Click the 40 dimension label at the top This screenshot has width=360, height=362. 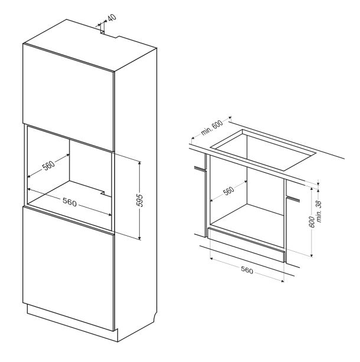[112, 18]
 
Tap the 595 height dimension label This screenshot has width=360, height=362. [140, 200]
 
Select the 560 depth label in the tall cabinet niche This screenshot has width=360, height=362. [49, 165]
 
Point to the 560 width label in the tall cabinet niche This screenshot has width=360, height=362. [70, 202]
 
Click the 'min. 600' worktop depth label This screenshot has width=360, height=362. [212, 128]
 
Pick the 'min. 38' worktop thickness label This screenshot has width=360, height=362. [319, 212]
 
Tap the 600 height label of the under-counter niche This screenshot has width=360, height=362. [312, 222]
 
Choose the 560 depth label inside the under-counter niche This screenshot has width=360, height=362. [229, 190]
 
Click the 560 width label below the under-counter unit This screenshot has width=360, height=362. [247, 270]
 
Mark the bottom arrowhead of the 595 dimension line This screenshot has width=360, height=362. [139, 238]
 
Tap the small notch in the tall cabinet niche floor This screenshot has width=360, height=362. [103, 193]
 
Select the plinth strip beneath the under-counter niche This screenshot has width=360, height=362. [246, 245]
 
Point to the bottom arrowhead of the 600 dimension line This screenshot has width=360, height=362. [312, 255]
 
